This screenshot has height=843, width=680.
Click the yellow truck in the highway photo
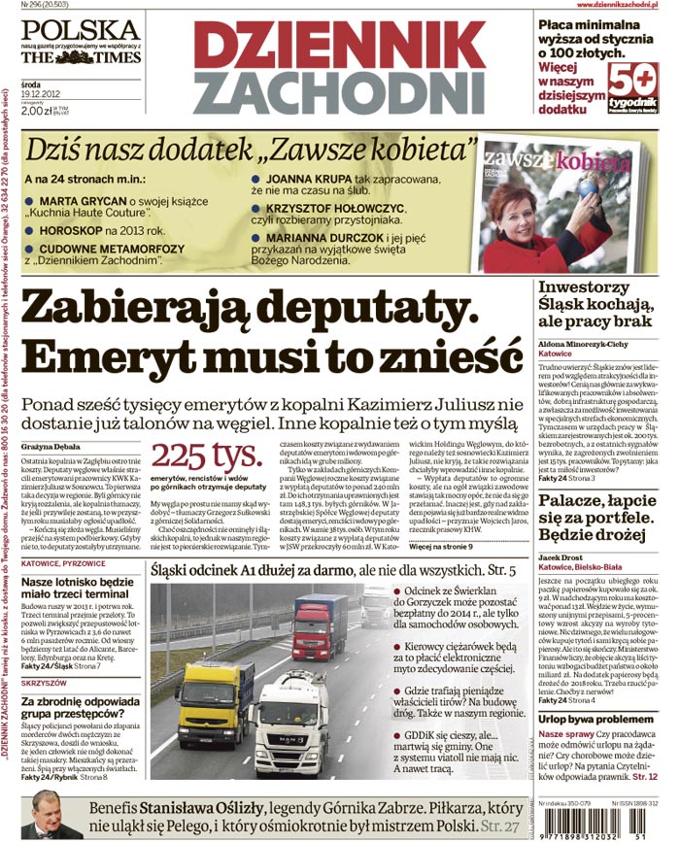coord(215,700)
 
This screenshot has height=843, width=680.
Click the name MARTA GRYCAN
coord(84,201)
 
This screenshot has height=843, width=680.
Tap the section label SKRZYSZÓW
coord(47,683)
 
